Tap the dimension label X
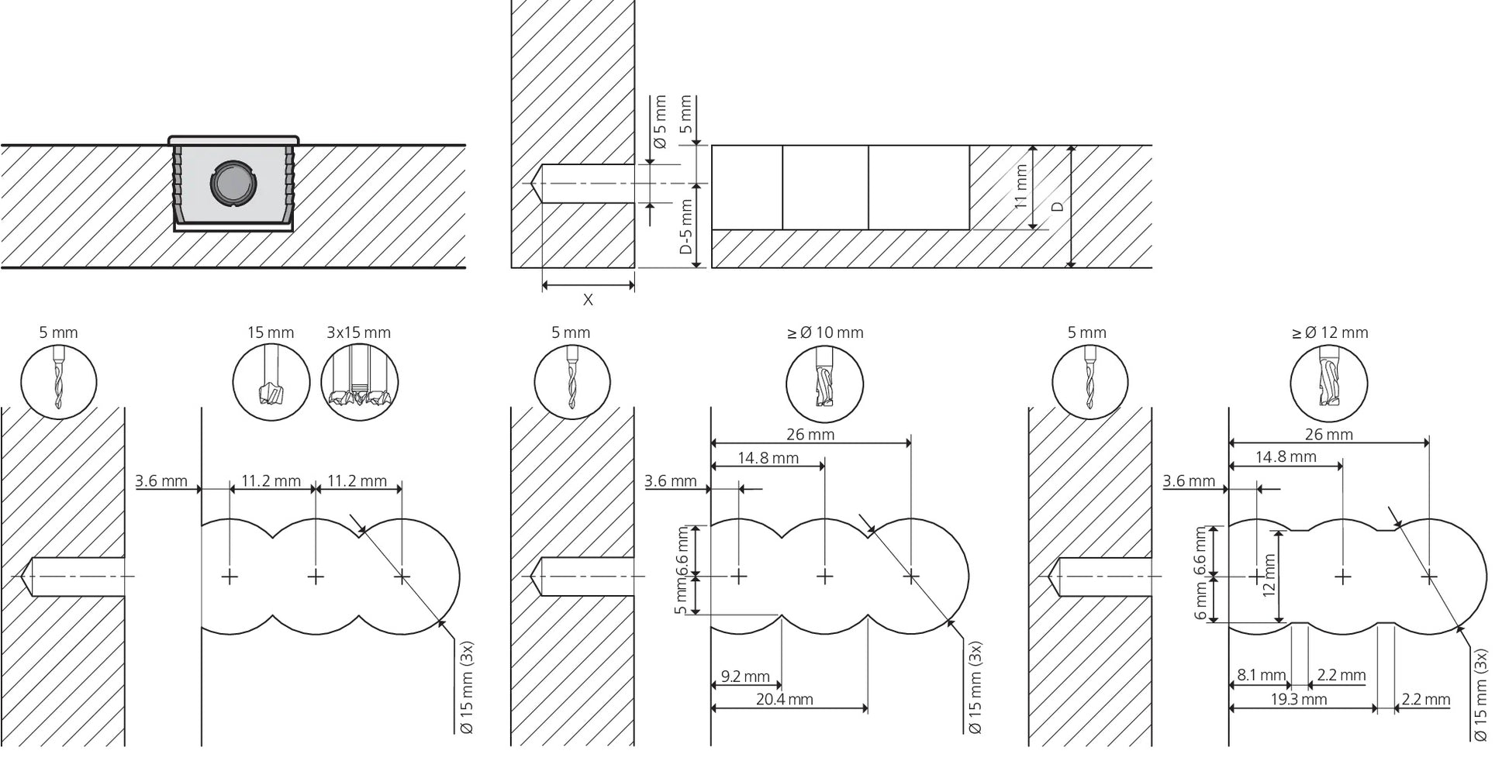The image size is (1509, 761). [x=588, y=300]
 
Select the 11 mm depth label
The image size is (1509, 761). [x=1020, y=187]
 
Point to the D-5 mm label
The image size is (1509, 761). [x=685, y=226]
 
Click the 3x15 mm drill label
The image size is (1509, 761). [x=358, y=332]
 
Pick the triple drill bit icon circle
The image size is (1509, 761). [x=360, y=384]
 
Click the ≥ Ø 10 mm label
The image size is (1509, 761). [x=824, y=332]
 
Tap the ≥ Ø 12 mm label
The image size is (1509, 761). [x=1329, y=332]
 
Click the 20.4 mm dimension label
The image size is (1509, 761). [x=785, y=700]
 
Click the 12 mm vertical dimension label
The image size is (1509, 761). [x=1269, y=575]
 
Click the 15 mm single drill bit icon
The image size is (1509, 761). [x=271, y=384]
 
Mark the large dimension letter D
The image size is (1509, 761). [x=1057, y=207]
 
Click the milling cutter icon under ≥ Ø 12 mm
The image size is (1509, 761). [x=1329, y=384]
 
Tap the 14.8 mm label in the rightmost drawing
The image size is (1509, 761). [x=1286, y=457]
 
